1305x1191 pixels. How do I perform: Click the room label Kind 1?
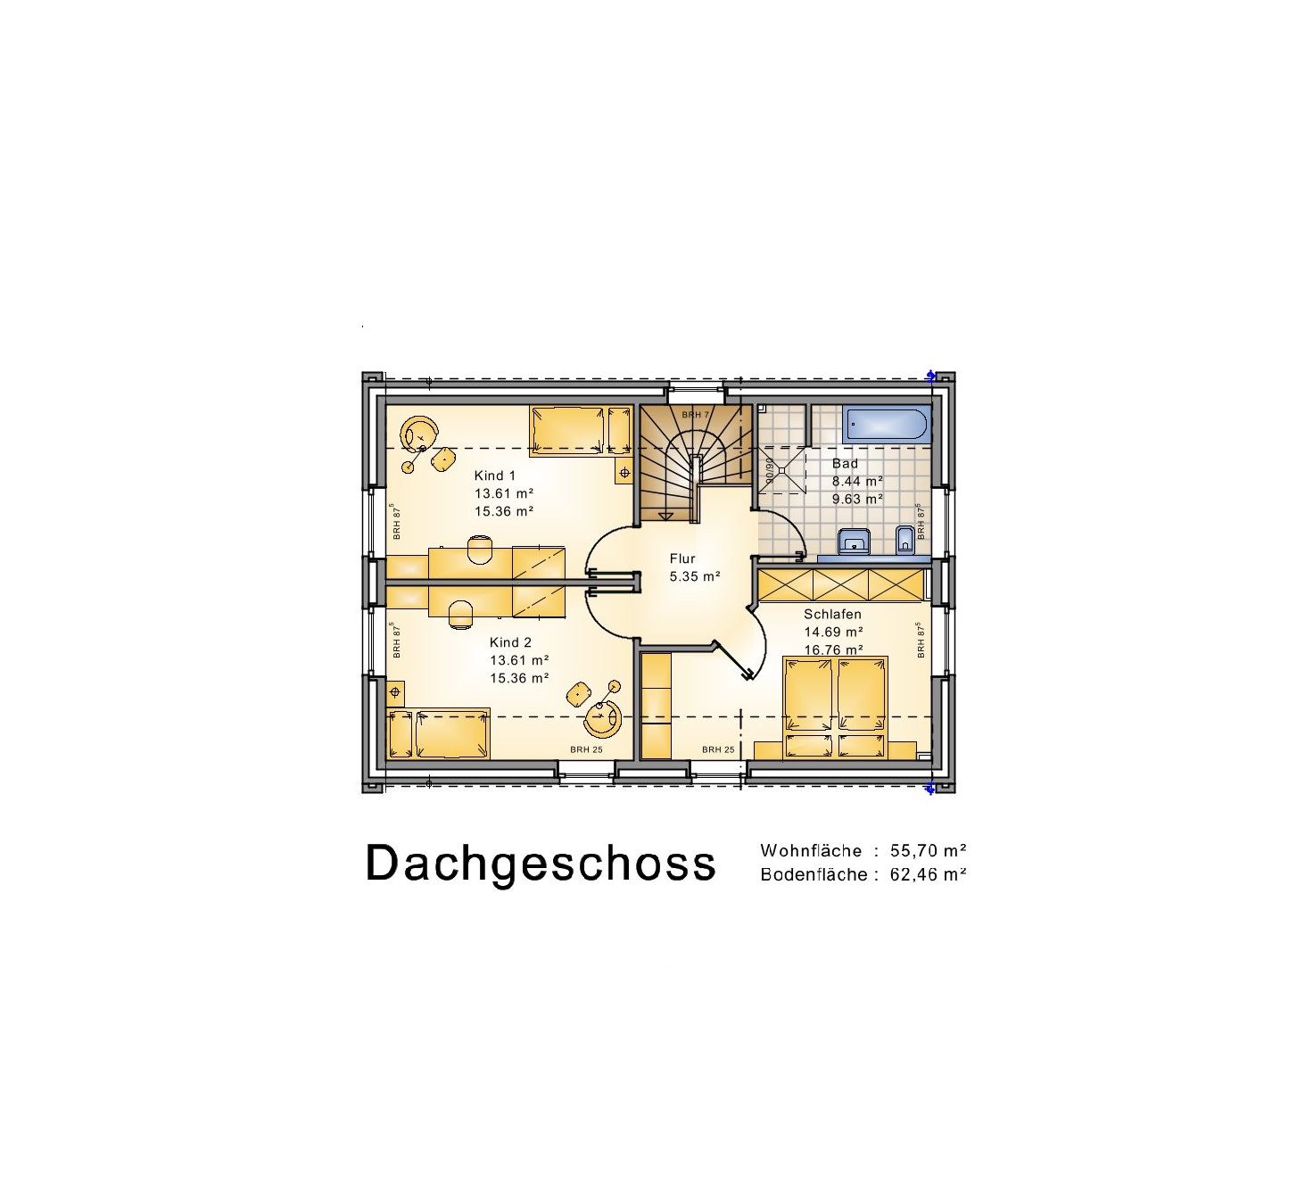(494, 476)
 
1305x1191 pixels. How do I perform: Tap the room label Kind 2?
(510, 642)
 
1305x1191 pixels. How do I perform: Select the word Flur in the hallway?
(682, 558)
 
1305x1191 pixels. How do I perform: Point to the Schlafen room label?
(832, 614)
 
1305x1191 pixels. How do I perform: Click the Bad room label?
(845, 463)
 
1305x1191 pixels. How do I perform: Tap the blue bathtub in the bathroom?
(887, 425)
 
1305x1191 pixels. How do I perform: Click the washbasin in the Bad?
(854, 542)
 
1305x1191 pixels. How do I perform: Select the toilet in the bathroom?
(905, 540)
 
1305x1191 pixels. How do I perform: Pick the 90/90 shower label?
(769, 470)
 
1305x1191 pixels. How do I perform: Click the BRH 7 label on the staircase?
(696, 415)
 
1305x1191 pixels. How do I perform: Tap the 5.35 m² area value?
(695, 576)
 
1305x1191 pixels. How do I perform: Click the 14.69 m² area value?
(833, 632)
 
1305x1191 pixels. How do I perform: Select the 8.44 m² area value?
(857, 482)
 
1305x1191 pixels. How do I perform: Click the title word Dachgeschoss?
(541, 864)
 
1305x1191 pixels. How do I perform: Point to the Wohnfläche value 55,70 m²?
(929, 850)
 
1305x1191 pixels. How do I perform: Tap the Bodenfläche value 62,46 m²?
(929, 874)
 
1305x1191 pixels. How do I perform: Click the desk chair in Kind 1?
(480, 548)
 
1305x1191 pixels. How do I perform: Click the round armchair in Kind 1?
(418, 434)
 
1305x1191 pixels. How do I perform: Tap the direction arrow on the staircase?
(665, 516)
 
